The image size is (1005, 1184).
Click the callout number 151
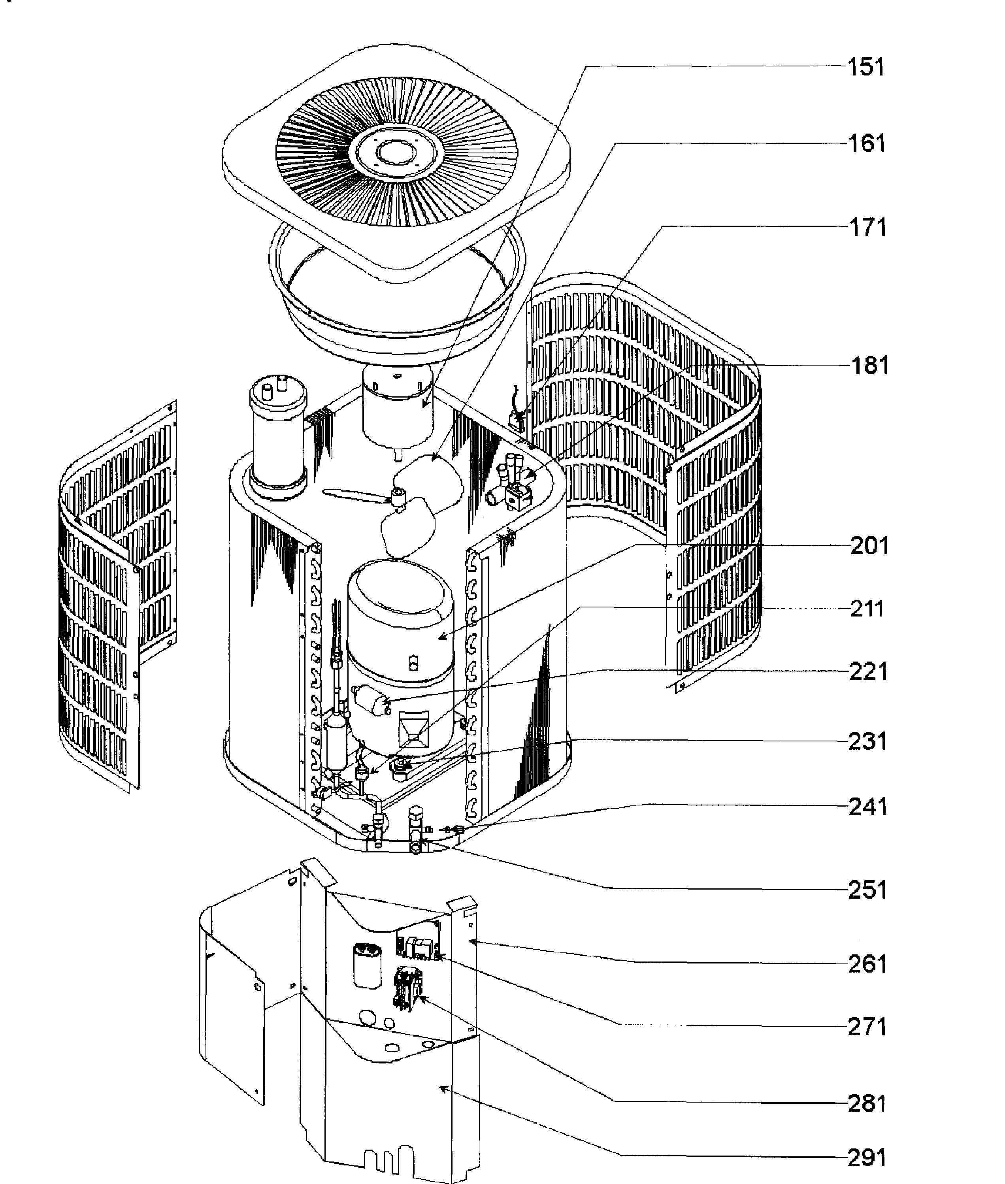(866, 67)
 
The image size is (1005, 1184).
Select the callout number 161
(867, 143)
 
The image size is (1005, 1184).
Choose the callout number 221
(868, 672)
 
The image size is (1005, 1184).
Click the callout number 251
(867, 890)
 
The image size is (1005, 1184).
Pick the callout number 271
(867, 1027)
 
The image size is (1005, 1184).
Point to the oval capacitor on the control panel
(366, 964)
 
